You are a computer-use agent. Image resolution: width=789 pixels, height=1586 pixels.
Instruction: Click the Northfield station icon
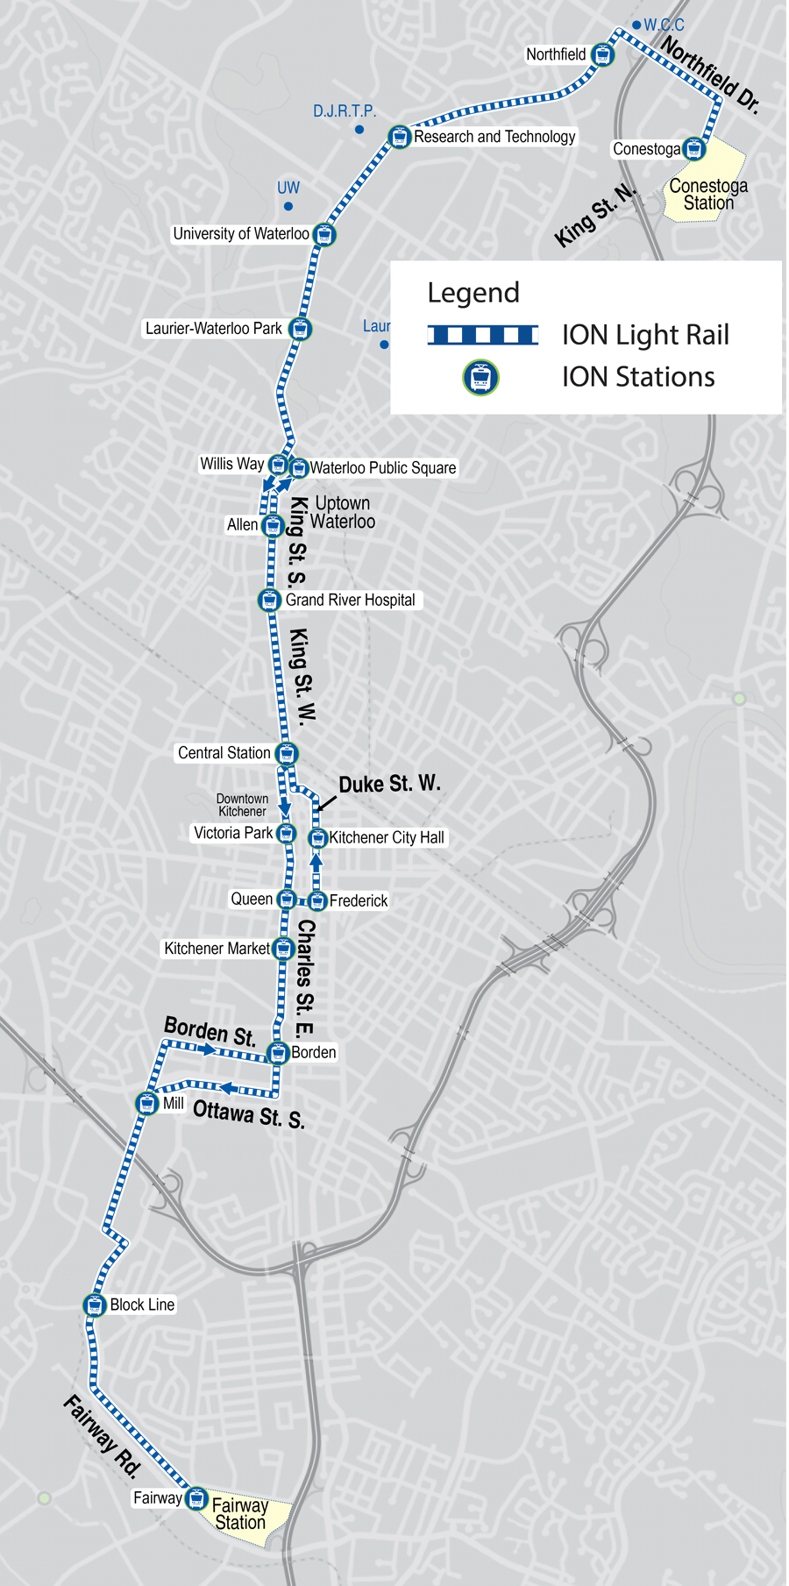(x=602, y=54)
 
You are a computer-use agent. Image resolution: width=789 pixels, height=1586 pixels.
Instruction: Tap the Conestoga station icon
(x=694, y=149)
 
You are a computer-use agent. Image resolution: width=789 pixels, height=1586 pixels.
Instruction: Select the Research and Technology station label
(x=494, y=137)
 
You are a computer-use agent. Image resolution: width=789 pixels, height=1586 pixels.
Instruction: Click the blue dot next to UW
(x=288, y=207)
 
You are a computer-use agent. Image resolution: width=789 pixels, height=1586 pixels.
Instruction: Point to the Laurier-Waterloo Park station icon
(x=301, y=329)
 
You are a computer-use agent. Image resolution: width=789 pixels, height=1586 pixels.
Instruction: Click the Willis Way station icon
(x=278, y=465)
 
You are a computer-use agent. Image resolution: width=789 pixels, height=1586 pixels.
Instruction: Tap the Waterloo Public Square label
(x=383, y=468)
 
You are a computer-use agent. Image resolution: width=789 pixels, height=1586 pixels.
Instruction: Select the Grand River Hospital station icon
(x=269, y=601)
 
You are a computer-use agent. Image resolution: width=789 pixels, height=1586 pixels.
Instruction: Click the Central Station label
(x=224, y=753)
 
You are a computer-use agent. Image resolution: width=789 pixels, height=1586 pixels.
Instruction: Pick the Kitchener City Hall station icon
(x=318, y=838)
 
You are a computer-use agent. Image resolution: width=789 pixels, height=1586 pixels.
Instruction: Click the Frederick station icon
(x=317, y=900)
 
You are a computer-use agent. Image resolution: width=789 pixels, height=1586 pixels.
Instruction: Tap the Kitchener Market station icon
(x=283, y=949)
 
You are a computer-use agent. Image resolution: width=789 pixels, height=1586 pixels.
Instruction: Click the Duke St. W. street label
(x=389, y=784)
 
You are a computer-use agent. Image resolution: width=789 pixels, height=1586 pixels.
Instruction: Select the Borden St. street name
(x=210, y=1031)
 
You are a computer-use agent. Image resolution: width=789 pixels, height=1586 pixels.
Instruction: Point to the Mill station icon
(x=147, y=1103)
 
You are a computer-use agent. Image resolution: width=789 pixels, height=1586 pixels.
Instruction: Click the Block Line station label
(x=142, y=1305)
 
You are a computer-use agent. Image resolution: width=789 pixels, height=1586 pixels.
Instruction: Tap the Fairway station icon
(x=197, y=1498)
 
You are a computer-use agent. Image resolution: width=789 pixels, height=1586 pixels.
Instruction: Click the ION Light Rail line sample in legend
(x=482, y=335)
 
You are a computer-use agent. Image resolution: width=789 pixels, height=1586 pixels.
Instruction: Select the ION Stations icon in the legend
(x=480, y=378)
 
